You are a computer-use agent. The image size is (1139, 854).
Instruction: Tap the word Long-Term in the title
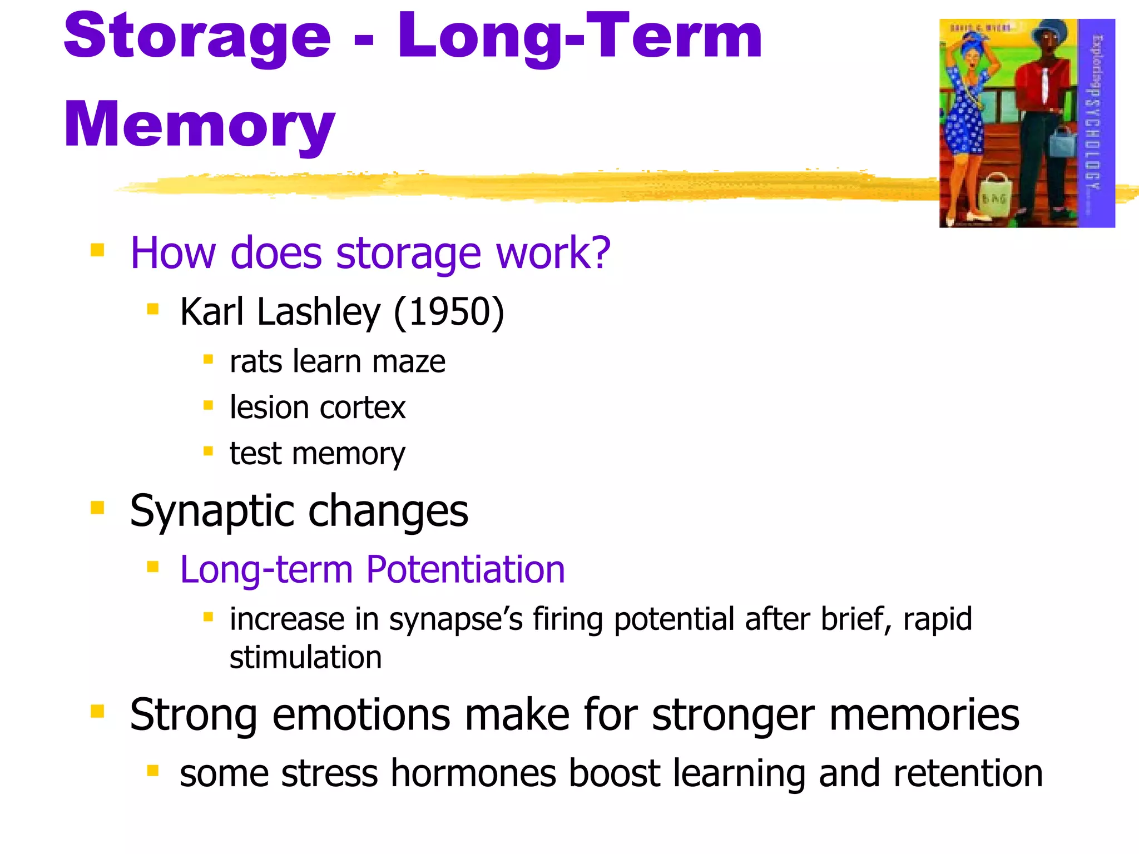coord(579,37)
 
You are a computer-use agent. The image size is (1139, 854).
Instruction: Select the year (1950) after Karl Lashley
coord(449,312)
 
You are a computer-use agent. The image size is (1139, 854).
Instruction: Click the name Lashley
coord(319,312)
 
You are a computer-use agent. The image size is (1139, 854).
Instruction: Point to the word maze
coord(408,362)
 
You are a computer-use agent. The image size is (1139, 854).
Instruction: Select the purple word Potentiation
coord(465,570)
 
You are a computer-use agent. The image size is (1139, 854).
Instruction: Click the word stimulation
coord(305,658)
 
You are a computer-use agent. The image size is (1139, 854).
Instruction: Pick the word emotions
coord(361,715)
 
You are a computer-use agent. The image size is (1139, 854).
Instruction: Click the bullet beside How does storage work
coord(97,250)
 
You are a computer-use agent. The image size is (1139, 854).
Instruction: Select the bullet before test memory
coord(208,451)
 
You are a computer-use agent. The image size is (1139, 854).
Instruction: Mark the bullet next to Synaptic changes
coord(97,508)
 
